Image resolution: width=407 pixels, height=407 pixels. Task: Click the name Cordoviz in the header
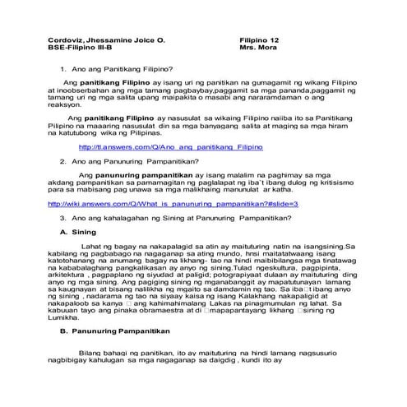[66, 38]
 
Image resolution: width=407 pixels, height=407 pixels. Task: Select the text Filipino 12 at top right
[260, 38]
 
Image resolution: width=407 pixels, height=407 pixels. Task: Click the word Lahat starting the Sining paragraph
[91, 246]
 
